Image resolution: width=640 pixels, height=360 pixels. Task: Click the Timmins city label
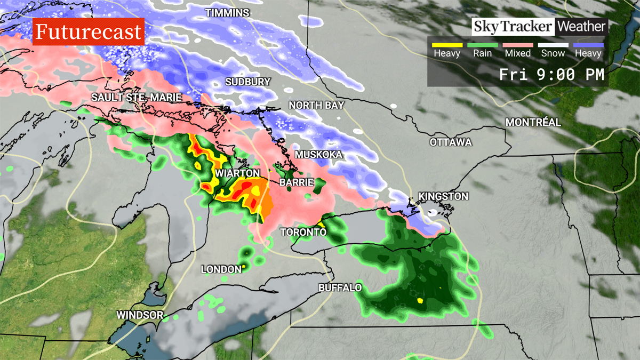click(x=227, y=13)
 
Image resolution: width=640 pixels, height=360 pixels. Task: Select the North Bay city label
click(x=316, y=106)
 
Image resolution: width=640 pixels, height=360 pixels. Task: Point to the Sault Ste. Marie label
click(x=137, y=98)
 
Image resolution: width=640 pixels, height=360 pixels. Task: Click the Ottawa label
click(x=451, y=142)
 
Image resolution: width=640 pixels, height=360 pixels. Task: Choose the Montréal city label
click(x=533, y=123)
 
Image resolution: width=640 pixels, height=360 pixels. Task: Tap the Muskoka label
click(x=318, y=155)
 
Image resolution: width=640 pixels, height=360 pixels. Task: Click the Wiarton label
click(x=237, y=174)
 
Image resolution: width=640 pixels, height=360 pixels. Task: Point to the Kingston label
click(x=443, y=197)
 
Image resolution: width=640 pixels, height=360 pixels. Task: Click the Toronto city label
click(x=303, y=233)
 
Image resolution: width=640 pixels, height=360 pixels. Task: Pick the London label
click(x=221, y=270)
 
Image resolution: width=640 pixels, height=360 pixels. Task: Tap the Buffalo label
click(x=340, y=288)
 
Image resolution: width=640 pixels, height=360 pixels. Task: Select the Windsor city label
click(x=140, y=315)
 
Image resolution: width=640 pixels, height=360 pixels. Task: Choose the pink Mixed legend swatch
click(x=517, y=45)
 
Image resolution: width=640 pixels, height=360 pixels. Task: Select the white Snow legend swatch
click(x=553, y=45)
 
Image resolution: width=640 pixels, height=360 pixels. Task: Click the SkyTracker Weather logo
click(x=540, y=26)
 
